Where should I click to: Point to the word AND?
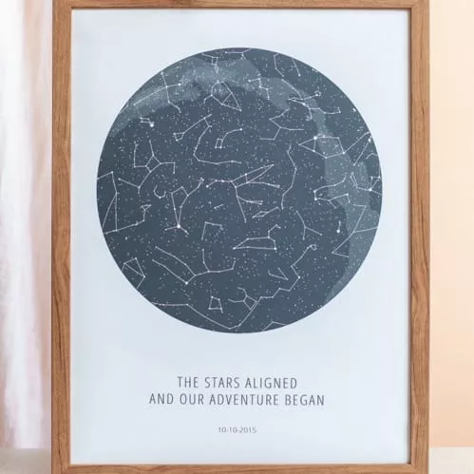[x=164, y=400]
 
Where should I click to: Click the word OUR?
[x=197, y=400]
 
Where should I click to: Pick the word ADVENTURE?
[x=249, y=400]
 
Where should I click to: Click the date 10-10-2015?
[x=237, y=429]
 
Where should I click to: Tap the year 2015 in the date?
[x=248, y=429]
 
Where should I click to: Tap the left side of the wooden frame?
[x=62, y=237]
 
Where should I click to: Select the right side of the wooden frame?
[x=418, y=237]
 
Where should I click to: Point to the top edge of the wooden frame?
[x=237, y=4]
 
